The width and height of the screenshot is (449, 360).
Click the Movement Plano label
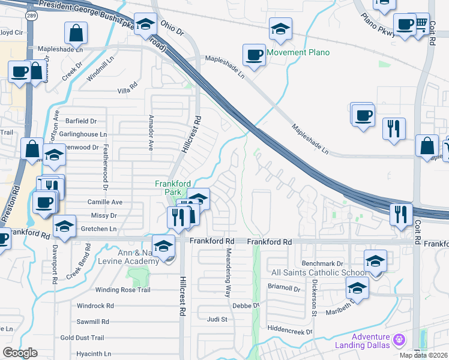click(x=298, y=53)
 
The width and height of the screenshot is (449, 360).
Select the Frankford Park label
click(x=173, y=187)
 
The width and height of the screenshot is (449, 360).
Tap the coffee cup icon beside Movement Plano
click(x=255, y=55)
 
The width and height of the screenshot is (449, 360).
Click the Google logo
click(x=20, y=353)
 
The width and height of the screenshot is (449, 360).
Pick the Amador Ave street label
click(x=151, y=133)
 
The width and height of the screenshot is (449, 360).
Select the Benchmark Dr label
click(x=322, y=263)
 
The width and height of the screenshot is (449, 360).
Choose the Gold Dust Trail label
click(x=82, y=338)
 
